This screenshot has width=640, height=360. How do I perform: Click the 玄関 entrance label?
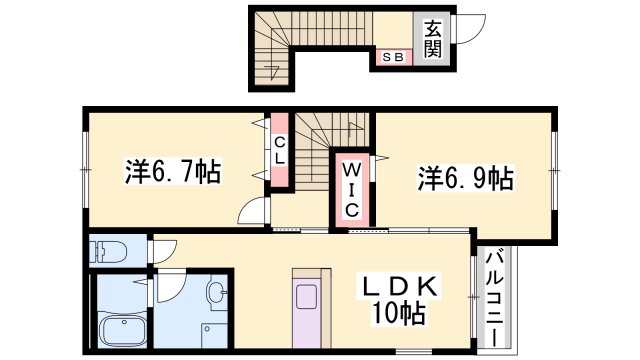click(432, 39)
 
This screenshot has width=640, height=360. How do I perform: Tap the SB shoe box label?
click(390, 57)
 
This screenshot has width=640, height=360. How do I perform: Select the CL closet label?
click(281, 149)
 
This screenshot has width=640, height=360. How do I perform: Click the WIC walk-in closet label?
click(352, 189)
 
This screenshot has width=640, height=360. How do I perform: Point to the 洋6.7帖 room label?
click(172, 171)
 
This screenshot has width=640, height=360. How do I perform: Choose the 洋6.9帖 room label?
click(465, 179)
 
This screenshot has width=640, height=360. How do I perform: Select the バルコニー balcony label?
click(493, 296)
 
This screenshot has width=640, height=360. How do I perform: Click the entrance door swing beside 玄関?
click(467, 31)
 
